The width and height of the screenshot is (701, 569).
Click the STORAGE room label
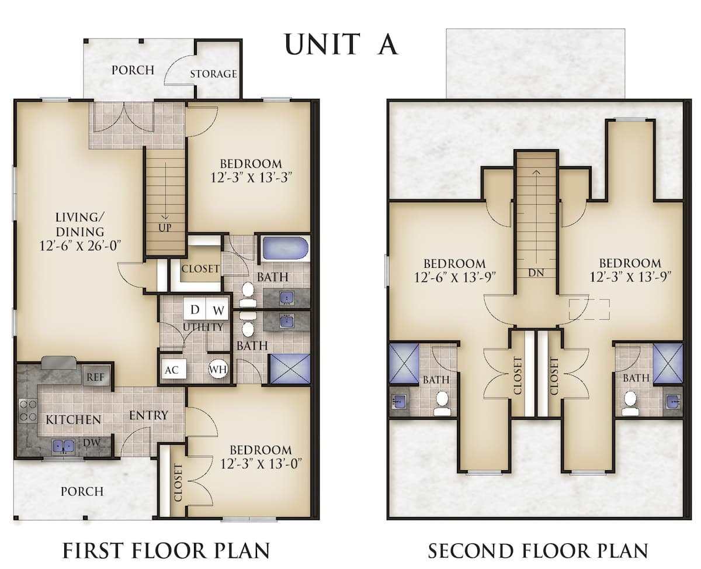tap(213, 74)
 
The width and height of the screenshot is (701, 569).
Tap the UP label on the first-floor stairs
tap(165, 227)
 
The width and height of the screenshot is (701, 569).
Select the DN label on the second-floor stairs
tap(536, 273)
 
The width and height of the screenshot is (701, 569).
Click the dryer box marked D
tap(195, 309)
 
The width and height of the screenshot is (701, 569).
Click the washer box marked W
tap(217, 309)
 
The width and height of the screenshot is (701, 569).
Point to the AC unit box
tap(172, 370)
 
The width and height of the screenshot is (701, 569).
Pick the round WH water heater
tap(218, 369)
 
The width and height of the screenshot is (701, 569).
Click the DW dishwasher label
tap(92, 443)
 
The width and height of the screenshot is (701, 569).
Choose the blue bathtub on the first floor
tap(285, 249)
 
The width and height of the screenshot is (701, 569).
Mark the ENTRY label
tap(148, 415)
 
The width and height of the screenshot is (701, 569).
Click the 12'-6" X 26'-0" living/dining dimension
tap(80, 246)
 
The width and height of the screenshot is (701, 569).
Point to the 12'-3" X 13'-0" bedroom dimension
tap(261, 464)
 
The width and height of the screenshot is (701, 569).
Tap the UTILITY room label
tap(203, 327)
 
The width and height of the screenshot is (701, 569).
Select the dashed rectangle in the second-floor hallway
tap(589, 309)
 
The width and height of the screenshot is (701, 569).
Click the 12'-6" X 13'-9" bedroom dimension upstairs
tap(455, 277)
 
